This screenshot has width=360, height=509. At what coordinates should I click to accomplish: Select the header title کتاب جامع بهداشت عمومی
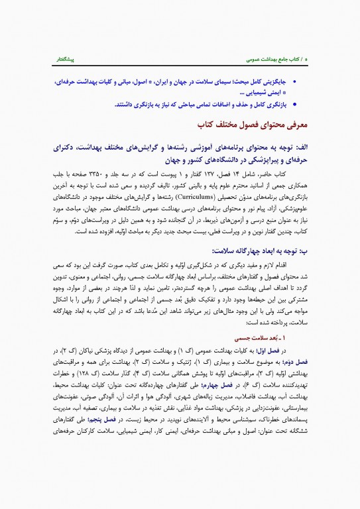[x=274, y=59]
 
